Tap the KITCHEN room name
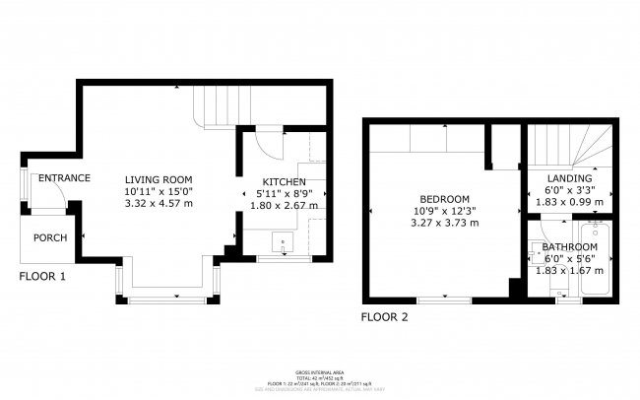(284, 182)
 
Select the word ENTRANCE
(64, 178)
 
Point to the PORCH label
(50, 237)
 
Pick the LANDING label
(569, 178)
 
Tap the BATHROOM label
(569, 246)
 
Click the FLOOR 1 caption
(42, 277)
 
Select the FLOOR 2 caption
(384, 317)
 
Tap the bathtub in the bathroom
(597, 261)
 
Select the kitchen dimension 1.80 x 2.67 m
(284, 206)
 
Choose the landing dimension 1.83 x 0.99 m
(569, 202)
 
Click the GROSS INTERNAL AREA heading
(319, 364)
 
